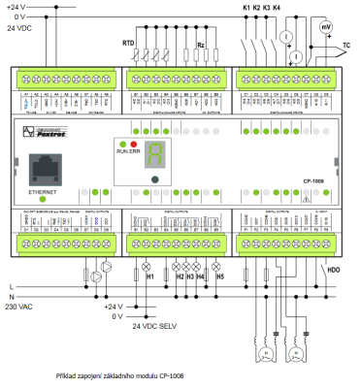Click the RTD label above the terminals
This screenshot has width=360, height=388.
point(128,44)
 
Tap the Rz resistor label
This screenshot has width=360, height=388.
point(201,45)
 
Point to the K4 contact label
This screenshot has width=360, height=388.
point(278,8)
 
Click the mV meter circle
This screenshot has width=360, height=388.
point(325,28)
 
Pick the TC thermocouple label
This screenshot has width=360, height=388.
point(346,46)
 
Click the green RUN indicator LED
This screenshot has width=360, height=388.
point(147,143)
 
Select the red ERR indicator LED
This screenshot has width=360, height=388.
point(159,143)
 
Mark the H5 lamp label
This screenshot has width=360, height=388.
point(219,275)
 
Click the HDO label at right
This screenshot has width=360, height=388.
point(333,268)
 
